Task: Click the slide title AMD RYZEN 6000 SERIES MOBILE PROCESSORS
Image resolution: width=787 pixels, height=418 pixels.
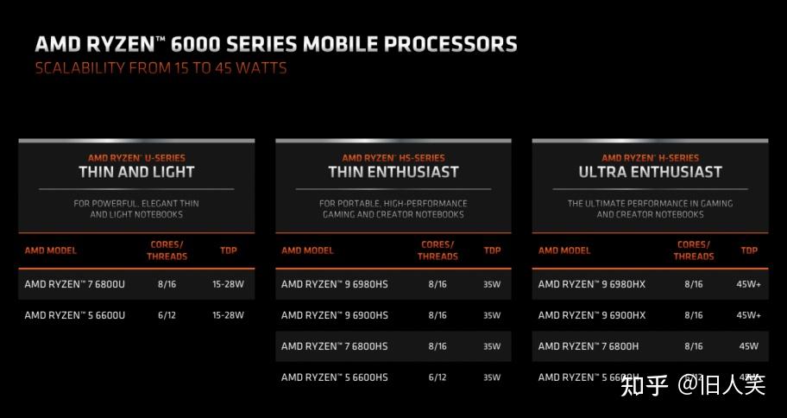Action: pos(275,43)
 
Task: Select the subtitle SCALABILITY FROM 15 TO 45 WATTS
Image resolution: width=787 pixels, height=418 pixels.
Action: pos(161,67)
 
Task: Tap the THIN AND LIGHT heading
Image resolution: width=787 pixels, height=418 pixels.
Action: pos(136,172)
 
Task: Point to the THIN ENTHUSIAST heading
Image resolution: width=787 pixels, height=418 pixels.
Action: pos(393,172)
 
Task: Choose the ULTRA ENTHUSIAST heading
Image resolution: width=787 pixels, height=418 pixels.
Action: pos(650,172)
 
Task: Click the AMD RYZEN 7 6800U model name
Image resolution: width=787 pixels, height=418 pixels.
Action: pos(75,283)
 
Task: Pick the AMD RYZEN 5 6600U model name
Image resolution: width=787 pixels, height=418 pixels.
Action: pos(75,315)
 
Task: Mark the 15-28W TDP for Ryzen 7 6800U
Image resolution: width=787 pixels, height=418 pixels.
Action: pos(228,283)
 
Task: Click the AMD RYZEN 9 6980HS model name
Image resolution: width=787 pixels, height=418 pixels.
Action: pos(335,283)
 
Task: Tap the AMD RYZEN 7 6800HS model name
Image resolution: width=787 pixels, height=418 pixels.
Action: pos(335,346)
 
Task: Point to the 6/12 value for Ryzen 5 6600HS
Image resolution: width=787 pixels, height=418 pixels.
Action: pos(438,377)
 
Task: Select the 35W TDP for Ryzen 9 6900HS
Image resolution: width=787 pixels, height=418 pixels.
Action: pos(492,315)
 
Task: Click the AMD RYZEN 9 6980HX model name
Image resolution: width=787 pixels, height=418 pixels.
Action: pos(592,283)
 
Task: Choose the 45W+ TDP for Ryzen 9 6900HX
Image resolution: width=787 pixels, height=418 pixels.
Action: pos(748,315)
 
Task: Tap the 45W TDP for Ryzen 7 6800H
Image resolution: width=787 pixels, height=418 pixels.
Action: pos(748,346)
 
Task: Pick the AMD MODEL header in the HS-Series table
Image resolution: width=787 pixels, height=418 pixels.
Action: pos(307,250)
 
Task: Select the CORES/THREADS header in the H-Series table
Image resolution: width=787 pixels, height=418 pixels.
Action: pos(694,250)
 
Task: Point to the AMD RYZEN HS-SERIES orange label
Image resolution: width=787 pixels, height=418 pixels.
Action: pos(393,158)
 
